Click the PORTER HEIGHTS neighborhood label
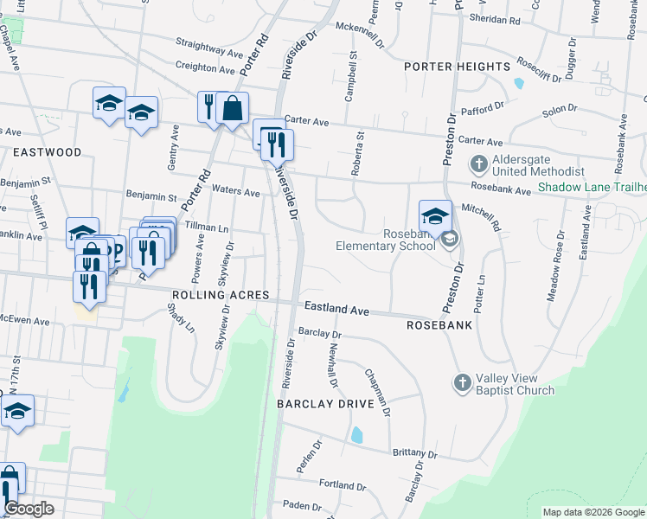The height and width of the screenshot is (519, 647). click(x=457, y=67)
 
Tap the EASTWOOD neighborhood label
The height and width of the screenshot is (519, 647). click(x=47, y=152)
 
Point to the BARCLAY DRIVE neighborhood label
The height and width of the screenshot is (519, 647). click(x=324, y=404)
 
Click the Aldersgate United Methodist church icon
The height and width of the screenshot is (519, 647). click(x=478, y=163)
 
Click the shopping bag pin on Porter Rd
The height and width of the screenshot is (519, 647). click(x=232, y=108)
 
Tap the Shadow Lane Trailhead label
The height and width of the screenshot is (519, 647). click(x=591, y=187)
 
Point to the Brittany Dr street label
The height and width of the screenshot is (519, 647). click(x=414, y=453)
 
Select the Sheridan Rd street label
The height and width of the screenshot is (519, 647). click(x=495, y=17)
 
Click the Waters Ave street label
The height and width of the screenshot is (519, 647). click(x=235, y=192)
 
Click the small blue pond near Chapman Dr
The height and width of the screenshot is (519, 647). click(x=357, y=434)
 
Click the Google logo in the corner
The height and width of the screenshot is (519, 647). click(x=29, y=509)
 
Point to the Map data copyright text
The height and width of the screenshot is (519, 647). click(x=593, y=512)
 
